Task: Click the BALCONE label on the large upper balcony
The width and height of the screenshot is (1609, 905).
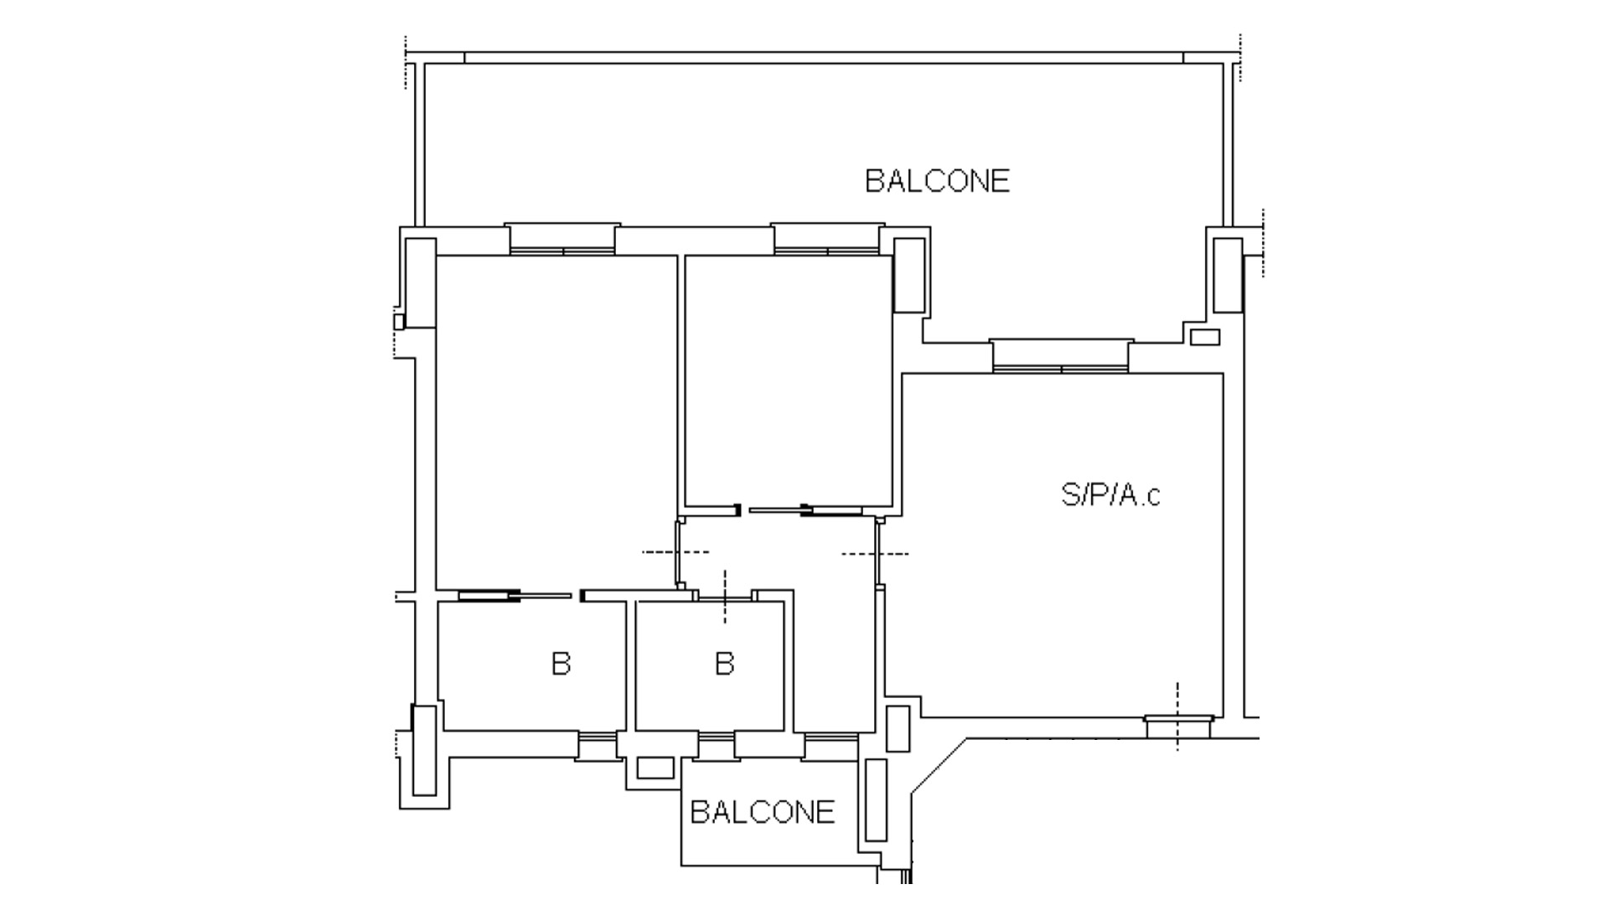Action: (x=937, y=181)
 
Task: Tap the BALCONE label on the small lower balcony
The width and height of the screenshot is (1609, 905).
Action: (x=763, y=812)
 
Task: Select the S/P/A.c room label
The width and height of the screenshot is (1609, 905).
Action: (x=1111, y=495)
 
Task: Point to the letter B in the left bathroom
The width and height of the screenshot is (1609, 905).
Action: (x=561, y=664)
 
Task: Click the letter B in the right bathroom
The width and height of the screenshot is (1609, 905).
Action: (x=724, y=664)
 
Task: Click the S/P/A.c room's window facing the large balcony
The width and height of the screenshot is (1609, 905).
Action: (x=1061, y=356)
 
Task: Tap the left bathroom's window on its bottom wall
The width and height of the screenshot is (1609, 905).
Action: (x=598, y=745)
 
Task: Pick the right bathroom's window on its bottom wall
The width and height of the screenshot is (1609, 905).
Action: (x=717, y=745)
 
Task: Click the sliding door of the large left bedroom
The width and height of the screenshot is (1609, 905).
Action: (x=515, y=596)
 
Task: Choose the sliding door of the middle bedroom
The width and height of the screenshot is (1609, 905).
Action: (x=805, y=509)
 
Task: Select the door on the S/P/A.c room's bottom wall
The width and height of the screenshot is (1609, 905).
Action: (x=1178, y=726)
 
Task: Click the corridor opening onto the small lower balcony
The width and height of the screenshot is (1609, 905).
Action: (x=830, y=745)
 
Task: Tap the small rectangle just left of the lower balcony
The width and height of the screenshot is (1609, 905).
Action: (x=655, y=768)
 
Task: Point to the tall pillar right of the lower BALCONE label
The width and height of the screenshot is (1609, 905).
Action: (x=876, y=799)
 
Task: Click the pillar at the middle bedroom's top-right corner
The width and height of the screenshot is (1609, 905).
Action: (x=910, y=275)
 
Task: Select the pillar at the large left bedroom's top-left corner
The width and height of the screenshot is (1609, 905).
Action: (x=421, y=282)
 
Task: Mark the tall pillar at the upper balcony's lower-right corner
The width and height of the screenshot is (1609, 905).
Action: (x=1228, y=275)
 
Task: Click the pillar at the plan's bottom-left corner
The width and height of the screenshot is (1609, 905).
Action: (x=425, y=750)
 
